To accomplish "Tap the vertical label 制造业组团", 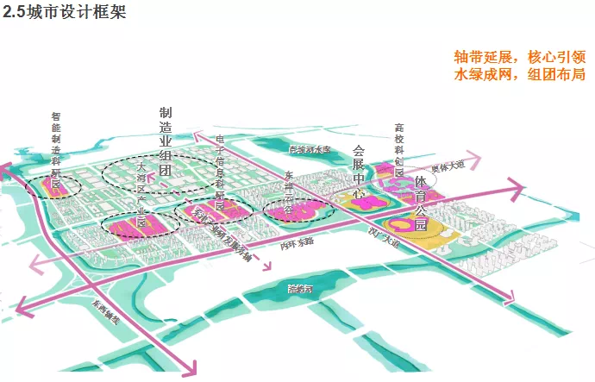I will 166,141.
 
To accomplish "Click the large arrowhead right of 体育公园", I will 517,189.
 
